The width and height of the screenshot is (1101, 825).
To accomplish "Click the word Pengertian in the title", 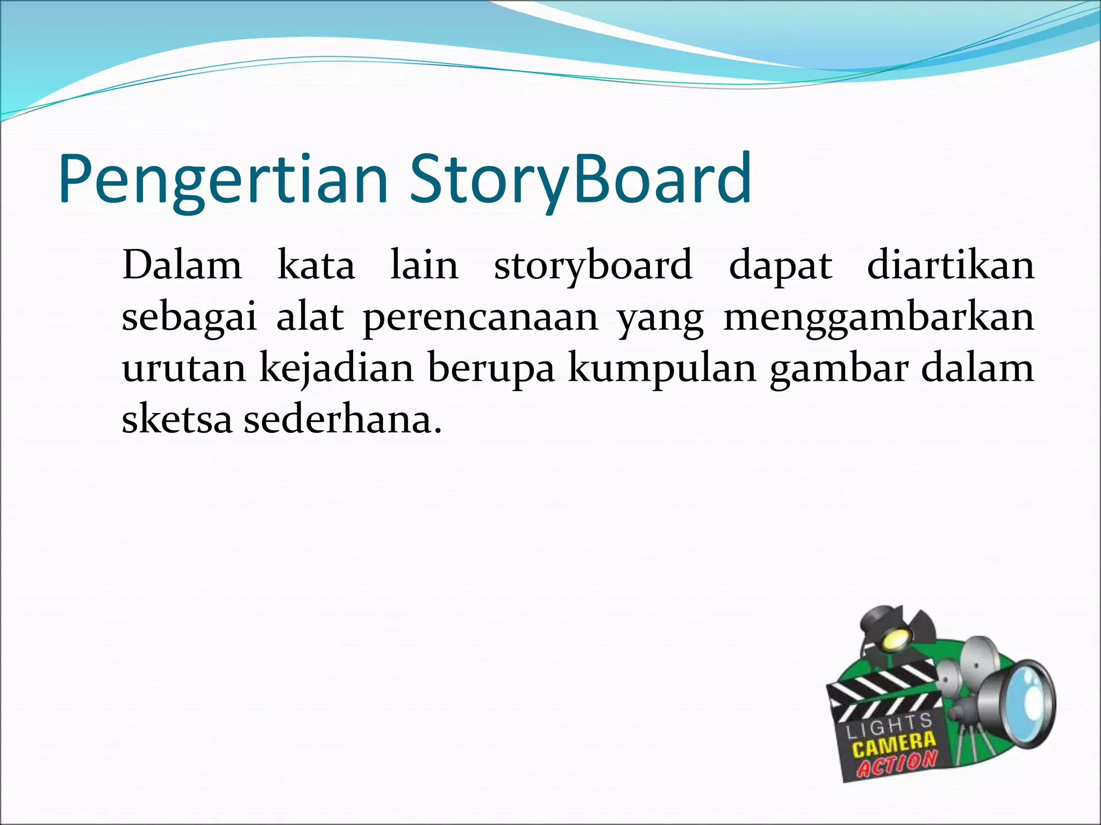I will tap(223, 180).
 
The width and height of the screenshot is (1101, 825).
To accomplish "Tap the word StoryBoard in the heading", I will tap(581, 180).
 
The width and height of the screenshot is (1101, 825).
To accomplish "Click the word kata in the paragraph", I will tap(316, 266).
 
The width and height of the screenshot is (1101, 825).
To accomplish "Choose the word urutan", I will tap(184, 370).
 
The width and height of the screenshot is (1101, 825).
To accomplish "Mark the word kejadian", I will tap(337, 370).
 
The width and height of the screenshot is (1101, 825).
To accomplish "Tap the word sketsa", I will tap(177, 419).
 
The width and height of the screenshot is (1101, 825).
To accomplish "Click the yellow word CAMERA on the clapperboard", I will tap(894, 744).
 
